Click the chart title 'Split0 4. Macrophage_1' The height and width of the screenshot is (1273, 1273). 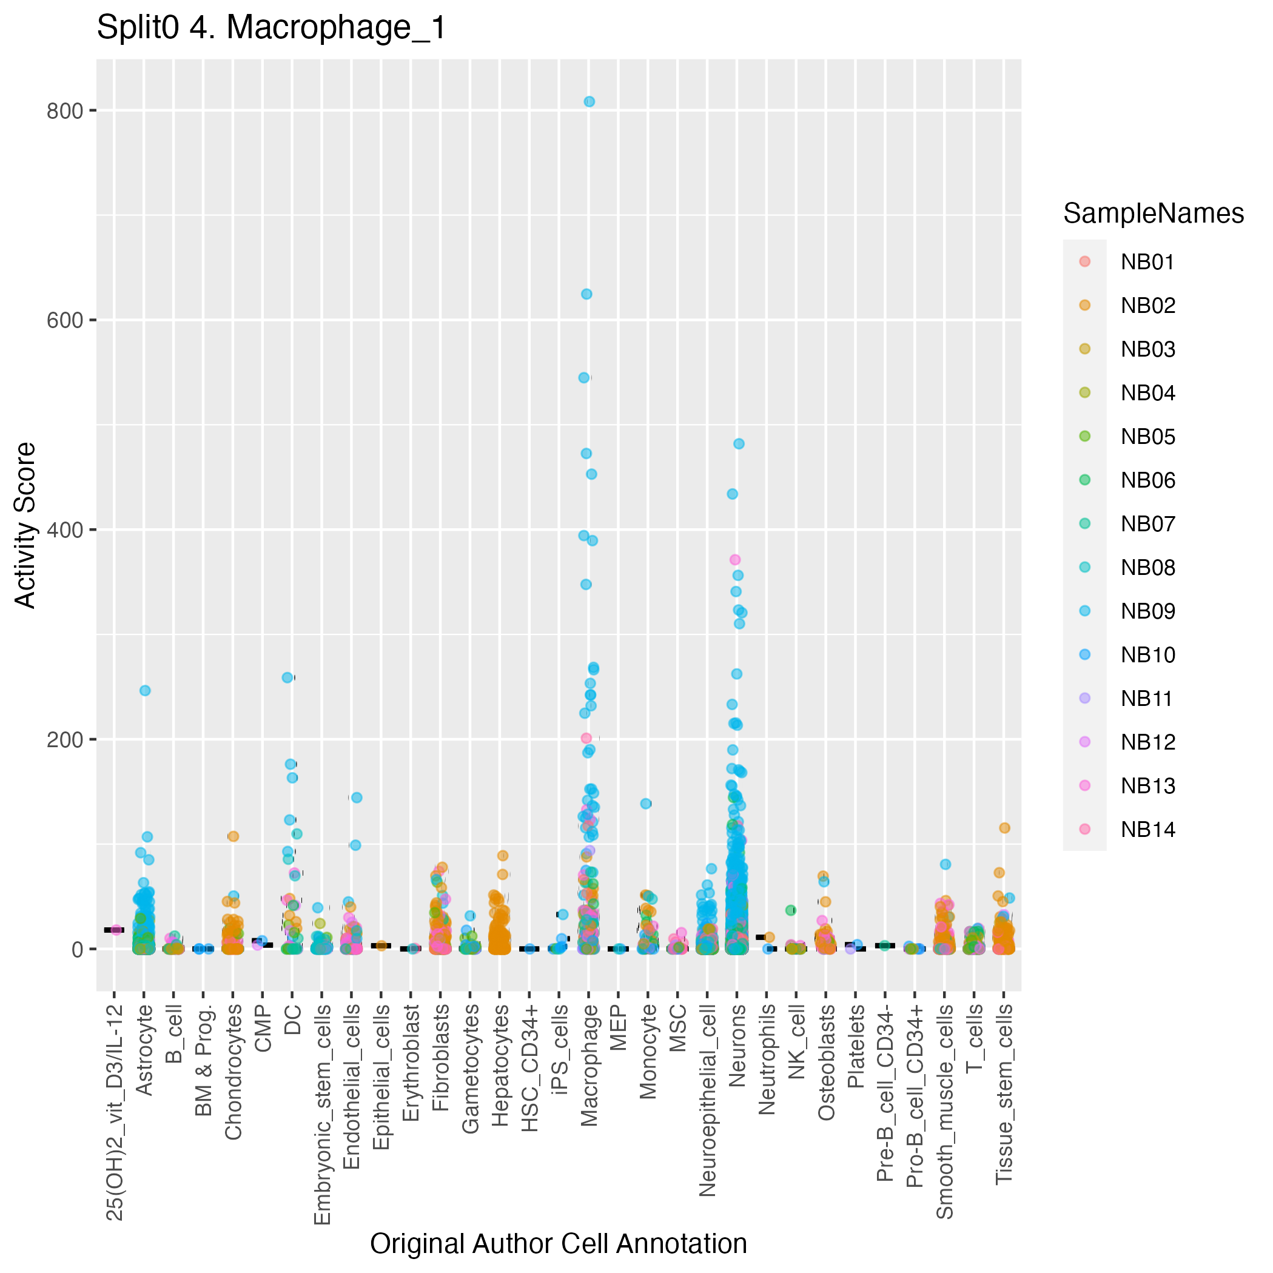pos(271,29)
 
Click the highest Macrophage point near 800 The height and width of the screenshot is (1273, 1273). pos(589,101)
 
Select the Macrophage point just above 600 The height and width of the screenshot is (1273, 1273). pos(586,294)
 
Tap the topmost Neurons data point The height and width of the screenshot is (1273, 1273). pos(739,444)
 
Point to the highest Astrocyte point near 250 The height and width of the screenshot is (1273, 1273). pos(145,691)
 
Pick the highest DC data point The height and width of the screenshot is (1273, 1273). pos(287,677)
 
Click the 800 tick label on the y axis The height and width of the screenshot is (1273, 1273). pos(64,111)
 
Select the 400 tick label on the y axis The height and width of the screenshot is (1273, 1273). pos(64,529)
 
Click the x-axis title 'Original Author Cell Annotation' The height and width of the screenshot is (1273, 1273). pos(558,1243)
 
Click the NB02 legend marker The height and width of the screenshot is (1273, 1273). pos(1084,305)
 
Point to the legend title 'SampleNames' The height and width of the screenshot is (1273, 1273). pos(1153,213)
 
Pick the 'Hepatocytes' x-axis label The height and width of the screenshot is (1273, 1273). pos(500,1065)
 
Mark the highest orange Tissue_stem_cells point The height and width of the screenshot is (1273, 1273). pos(1004,828)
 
